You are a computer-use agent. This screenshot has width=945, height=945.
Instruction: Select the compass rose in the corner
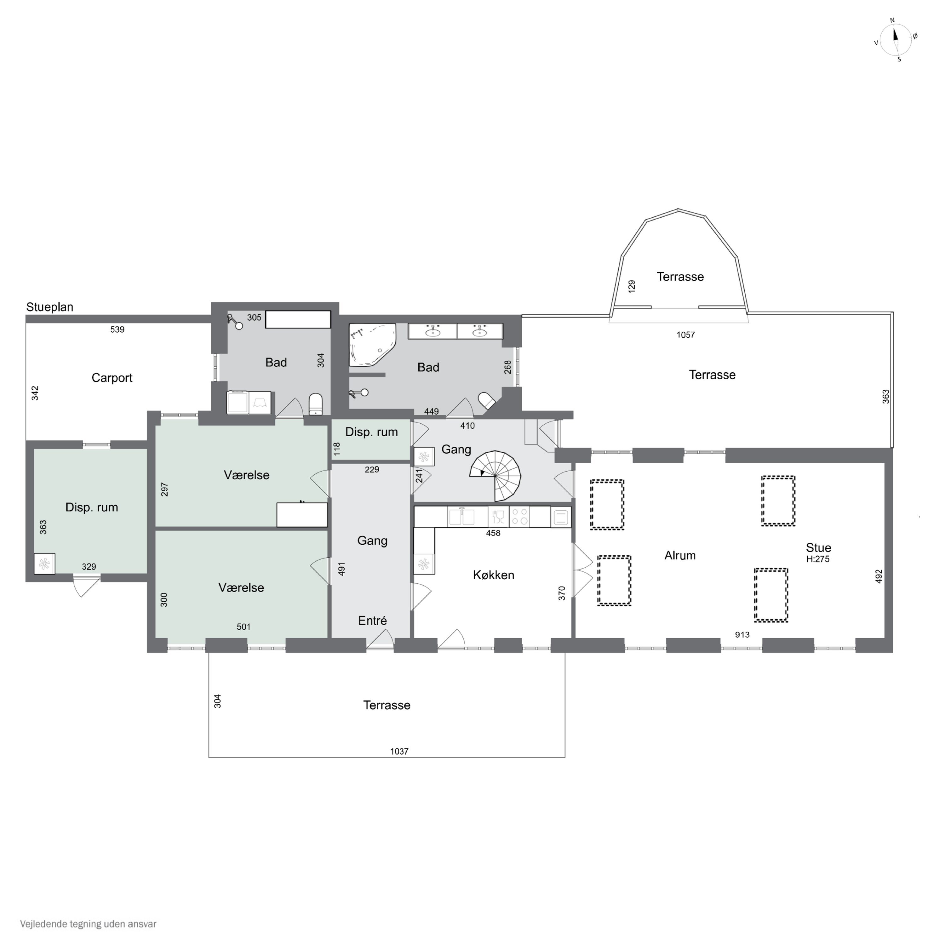pyautogui.click(x=896, y=40)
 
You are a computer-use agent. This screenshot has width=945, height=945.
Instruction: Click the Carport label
pyautogui.click(x=112, y=378)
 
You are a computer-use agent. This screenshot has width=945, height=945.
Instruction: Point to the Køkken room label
pyautogui.click(x=494, y=575)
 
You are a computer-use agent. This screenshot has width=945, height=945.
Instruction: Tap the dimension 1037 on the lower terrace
pyautogui.click(x=399, y=751)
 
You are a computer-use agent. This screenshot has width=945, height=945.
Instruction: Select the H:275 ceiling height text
pyautogui.click(x=818, y=559)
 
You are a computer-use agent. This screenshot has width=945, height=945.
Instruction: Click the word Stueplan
pyautogui.click(x=50, y=307)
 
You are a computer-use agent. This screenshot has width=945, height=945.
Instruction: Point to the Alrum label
pyautogui.click(x=680, y=555)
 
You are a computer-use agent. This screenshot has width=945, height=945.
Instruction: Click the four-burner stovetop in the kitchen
pyautogui.click(x=519, y=517)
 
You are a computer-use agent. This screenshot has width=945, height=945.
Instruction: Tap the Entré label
pyautogui.click(x=372, y=621)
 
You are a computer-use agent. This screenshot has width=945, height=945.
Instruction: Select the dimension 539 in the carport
pyautogui.click(x=117, y=330)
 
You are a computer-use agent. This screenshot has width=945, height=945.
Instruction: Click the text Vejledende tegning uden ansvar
pyautogui.click(x=88, y=924)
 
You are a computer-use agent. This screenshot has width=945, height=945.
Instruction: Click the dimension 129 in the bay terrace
pyautogui.click(x=632, y=286)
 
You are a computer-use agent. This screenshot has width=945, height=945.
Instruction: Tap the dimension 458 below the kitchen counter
pyautogui.click(x=493, y=533)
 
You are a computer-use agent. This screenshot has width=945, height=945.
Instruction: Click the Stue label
pyautogui.click(x=819, y=548)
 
